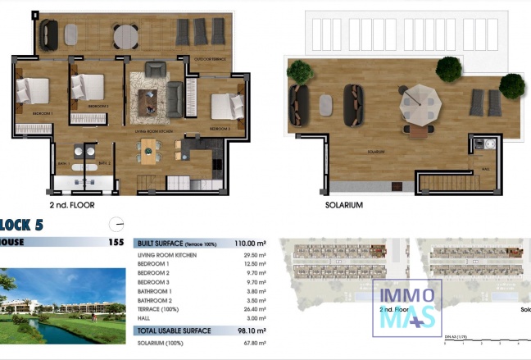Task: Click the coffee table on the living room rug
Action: click(149, 98)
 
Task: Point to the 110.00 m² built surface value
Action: click(250, 244)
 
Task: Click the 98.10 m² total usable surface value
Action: click(252, 330)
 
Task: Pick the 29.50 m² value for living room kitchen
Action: click(255, 255)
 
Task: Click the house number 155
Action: click(116, 243)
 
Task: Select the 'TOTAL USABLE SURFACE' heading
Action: click(174, 330)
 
